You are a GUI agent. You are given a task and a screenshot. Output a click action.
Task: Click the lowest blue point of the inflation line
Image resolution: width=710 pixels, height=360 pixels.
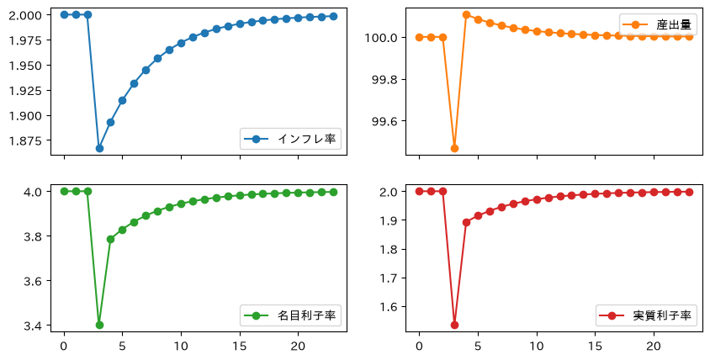99,148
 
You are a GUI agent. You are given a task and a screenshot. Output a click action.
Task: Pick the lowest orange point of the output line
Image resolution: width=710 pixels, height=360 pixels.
454,148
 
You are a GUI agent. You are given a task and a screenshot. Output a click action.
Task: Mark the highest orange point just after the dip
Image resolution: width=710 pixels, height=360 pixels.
466,15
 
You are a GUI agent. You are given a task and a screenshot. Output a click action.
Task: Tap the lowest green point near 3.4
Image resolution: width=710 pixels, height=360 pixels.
99,325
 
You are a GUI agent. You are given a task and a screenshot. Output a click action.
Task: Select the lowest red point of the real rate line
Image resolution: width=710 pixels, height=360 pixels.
454,325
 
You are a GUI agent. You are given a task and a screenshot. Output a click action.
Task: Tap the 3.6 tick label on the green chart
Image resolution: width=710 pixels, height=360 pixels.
34,281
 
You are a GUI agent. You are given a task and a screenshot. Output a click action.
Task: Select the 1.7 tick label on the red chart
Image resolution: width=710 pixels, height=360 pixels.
389,278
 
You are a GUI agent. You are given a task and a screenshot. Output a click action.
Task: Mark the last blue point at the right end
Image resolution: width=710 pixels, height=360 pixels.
333,16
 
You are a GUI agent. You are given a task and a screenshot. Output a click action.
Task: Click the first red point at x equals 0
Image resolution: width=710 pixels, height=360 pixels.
419,191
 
